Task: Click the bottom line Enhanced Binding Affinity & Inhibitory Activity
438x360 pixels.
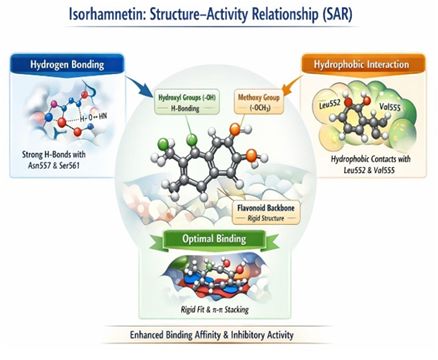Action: pyautogui.click(x=218, y=335)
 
